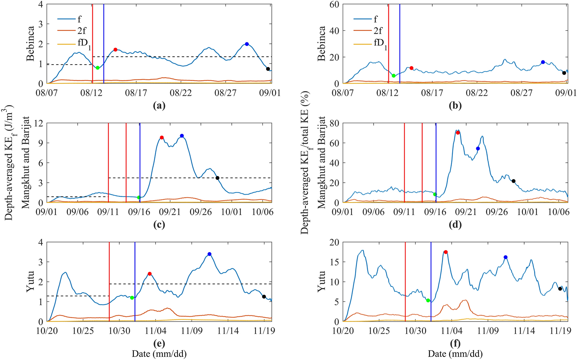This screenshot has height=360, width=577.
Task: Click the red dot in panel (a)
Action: [115, 50]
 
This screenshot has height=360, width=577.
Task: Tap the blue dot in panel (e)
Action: [209, 254]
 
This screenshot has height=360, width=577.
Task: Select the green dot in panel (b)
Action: [393, 76]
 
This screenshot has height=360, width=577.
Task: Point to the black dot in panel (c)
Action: [217, 178]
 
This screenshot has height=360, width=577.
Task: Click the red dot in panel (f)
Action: [446, 252]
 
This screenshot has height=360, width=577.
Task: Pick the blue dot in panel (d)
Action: [478, 149]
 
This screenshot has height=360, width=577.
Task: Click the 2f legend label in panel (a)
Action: [82, 31]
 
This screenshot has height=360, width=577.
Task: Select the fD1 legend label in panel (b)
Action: [380, 43]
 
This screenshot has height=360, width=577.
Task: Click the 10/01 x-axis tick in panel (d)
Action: [527, 212]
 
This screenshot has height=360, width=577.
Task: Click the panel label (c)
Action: [159, 224]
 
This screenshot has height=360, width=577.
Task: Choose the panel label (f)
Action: [455, 343]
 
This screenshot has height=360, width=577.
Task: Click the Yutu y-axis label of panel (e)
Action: [30, 281]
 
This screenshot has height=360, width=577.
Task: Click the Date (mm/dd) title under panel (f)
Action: [455, 354]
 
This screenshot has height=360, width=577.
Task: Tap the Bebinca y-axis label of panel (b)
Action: [321, 44]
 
